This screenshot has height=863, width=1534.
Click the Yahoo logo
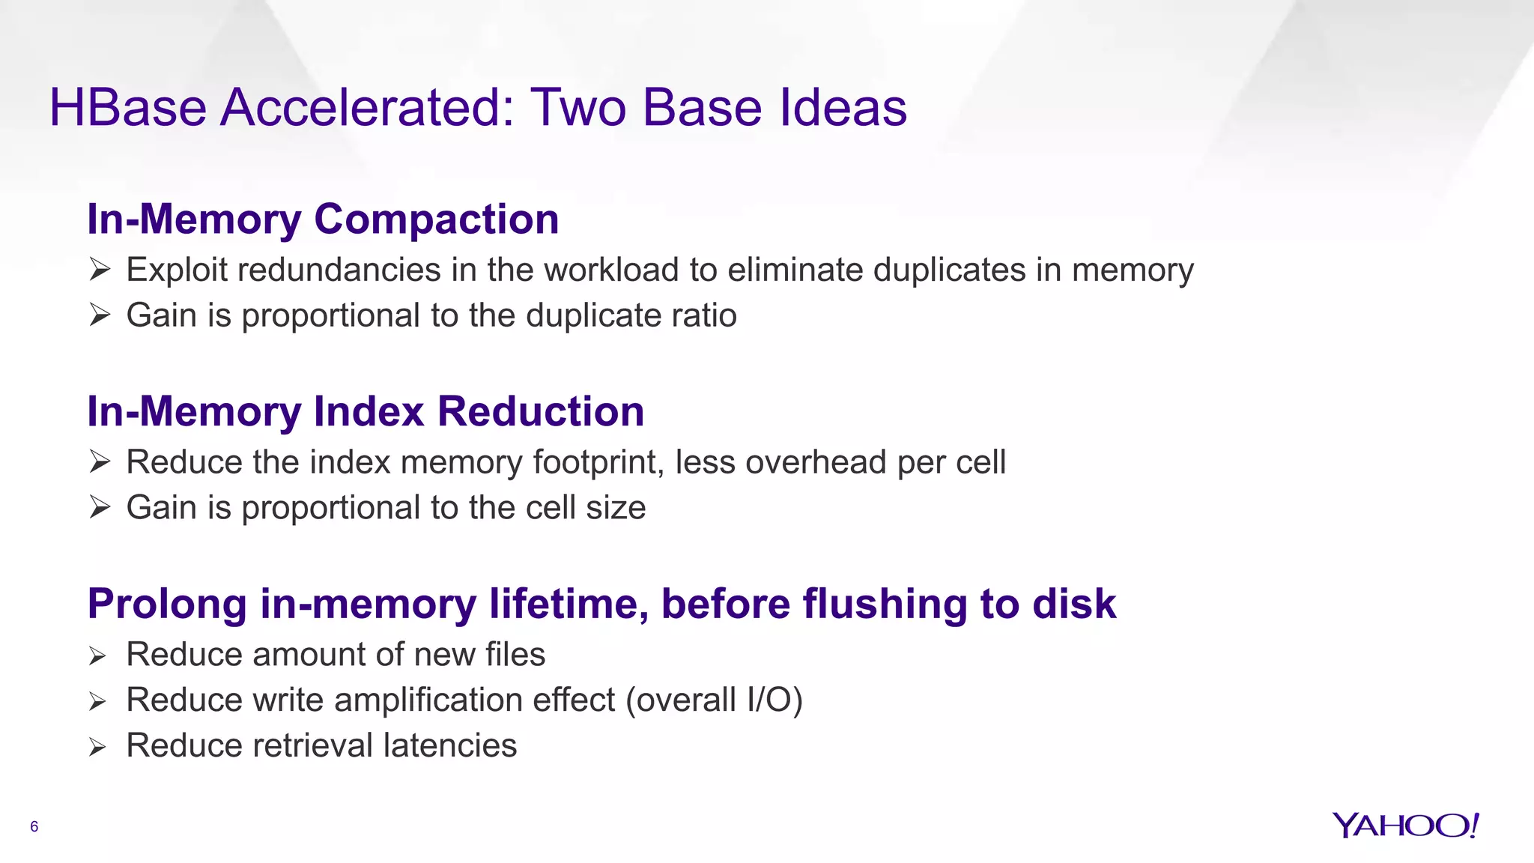[1405, 826]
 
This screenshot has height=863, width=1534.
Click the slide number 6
[34, 827]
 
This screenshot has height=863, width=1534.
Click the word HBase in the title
[127, 108]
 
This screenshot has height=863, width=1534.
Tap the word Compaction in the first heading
[436, 219]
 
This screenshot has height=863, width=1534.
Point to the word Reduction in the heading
[540, 412]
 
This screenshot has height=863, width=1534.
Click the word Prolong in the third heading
[167, 604]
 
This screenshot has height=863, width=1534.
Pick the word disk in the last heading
[1074, 604]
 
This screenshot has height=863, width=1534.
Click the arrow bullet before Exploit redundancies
[100, 270]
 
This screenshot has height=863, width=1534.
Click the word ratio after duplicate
[703, 315]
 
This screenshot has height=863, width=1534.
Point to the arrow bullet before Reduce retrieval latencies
[97, 747]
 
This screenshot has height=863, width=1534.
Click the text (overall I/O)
[714, 700]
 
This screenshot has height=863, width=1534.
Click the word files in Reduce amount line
[515, 655]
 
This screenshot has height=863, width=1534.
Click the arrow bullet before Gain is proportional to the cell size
[100, 507]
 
